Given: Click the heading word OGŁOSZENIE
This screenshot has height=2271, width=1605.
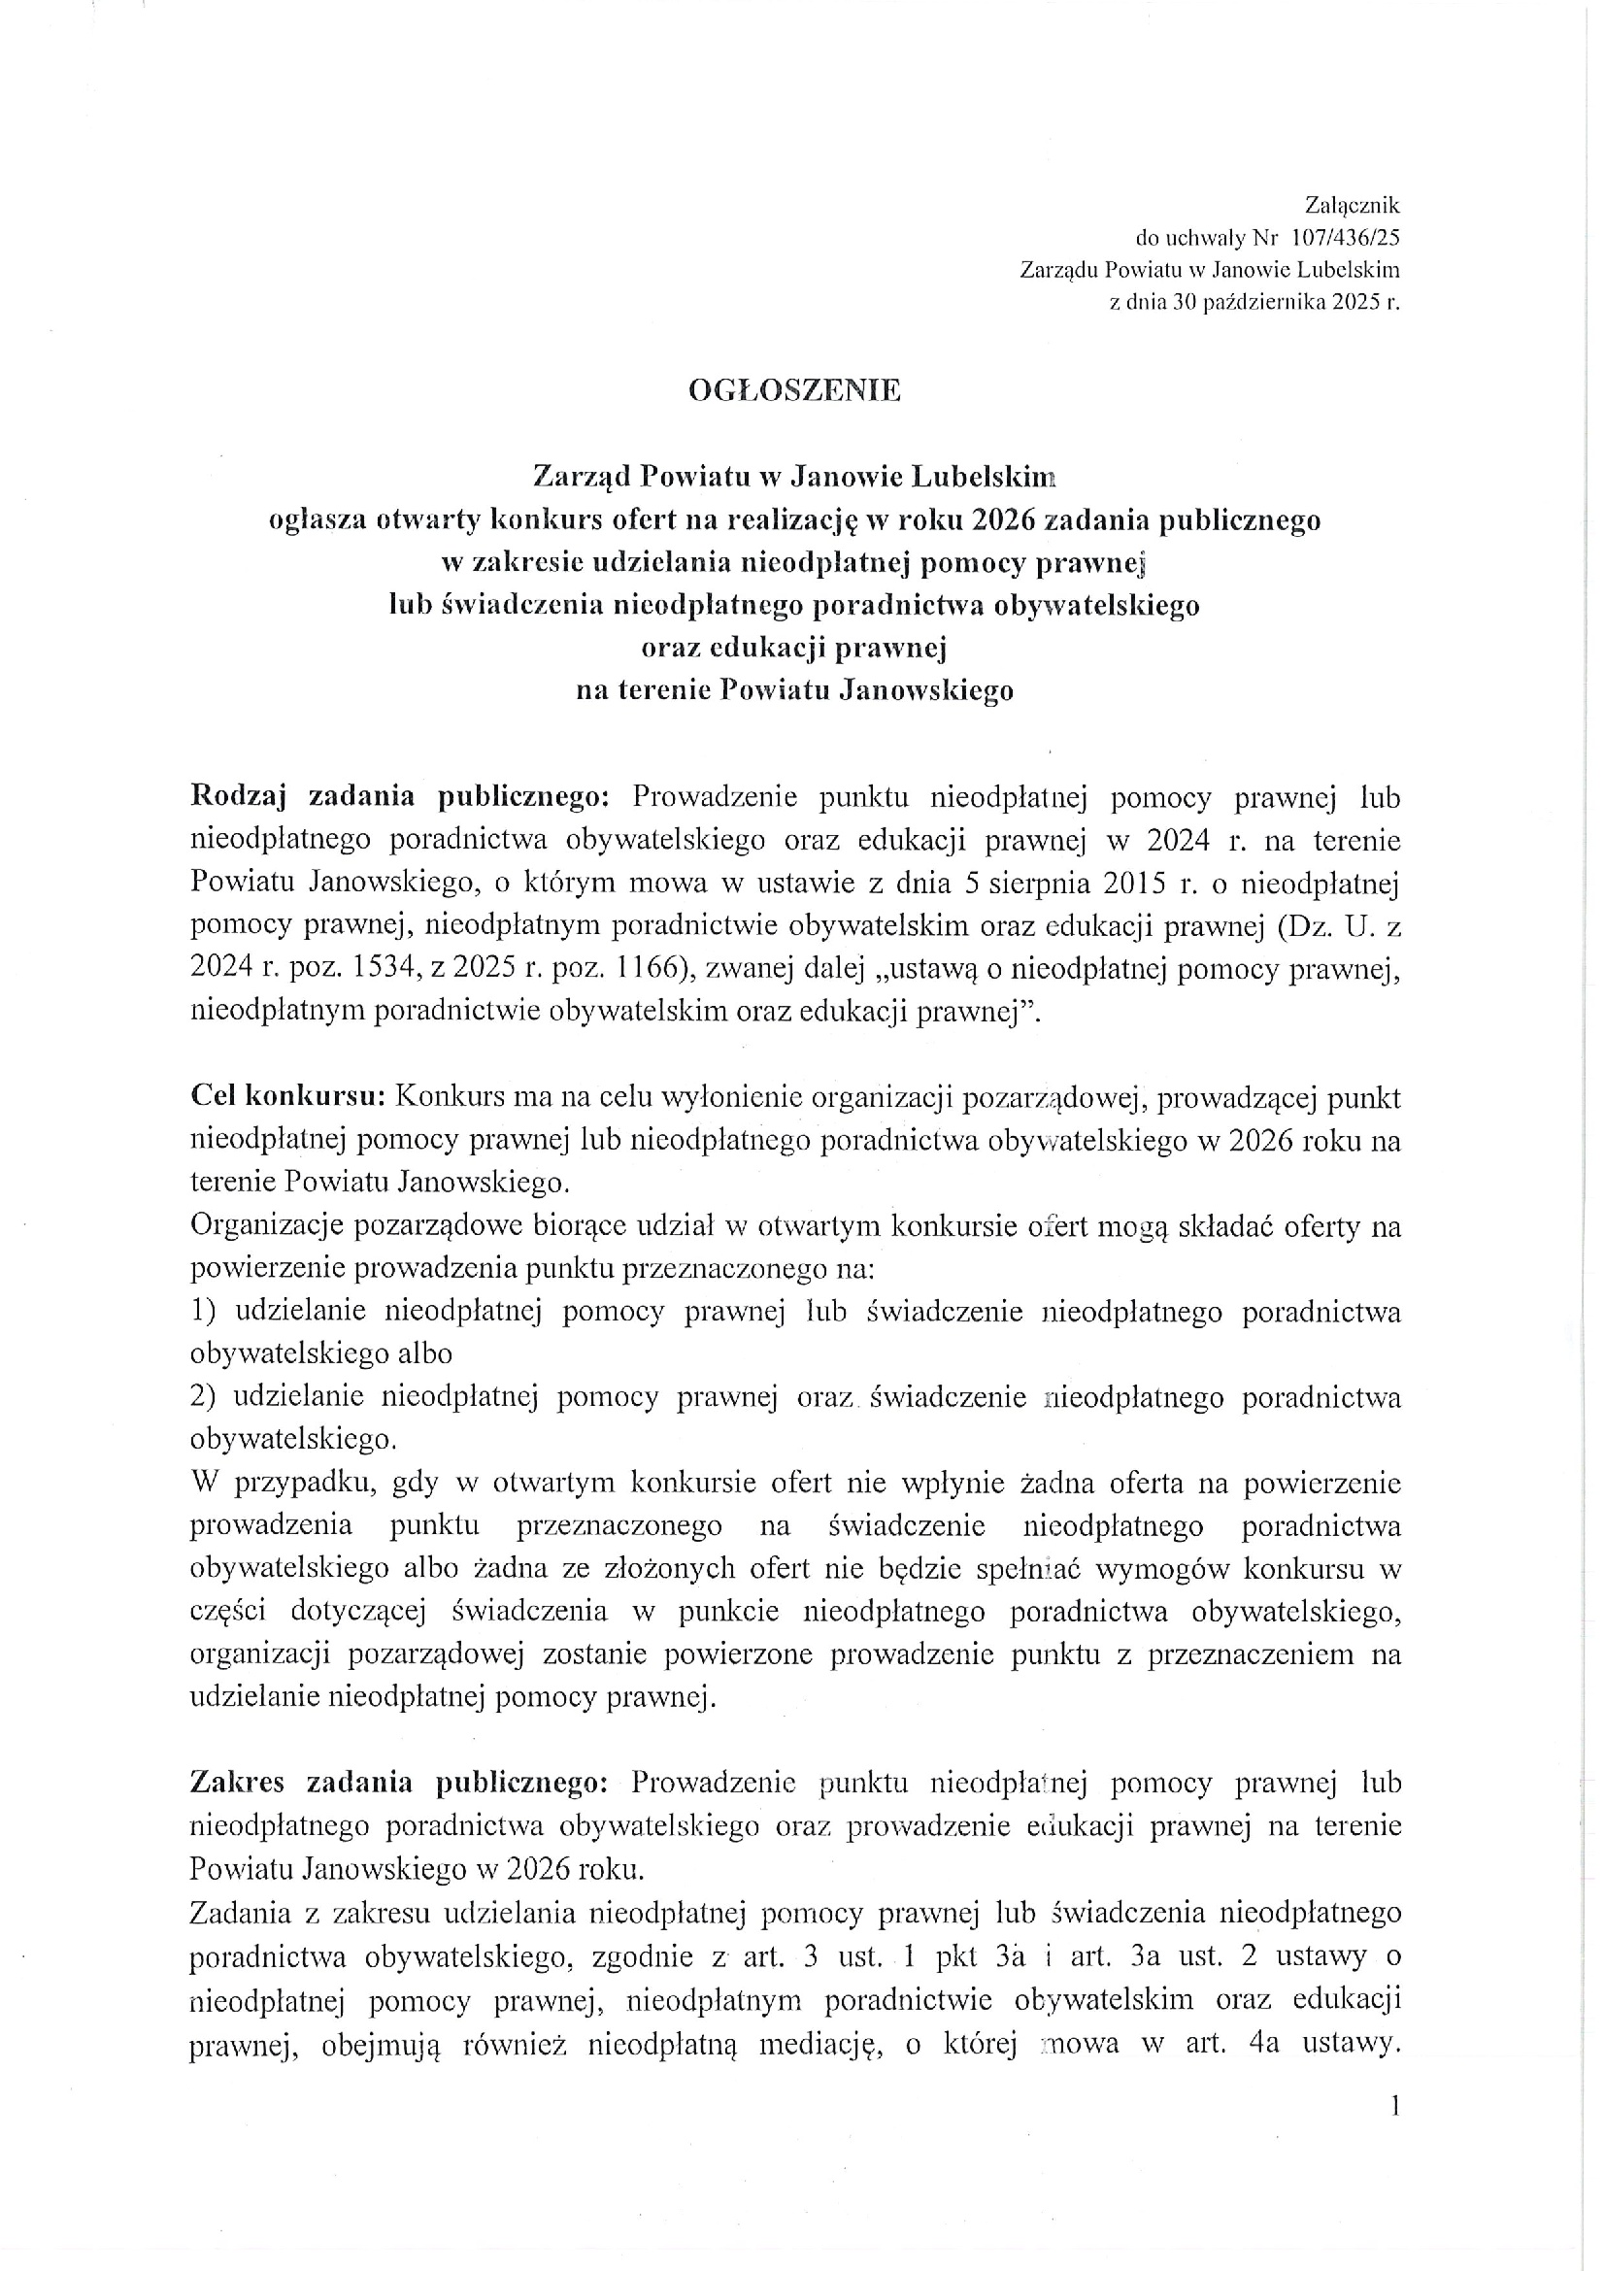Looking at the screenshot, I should click(794, 389).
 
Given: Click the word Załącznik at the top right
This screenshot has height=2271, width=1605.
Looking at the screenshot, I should click(1352, 206).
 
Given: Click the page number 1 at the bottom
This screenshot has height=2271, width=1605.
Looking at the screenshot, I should click(1394, 2107).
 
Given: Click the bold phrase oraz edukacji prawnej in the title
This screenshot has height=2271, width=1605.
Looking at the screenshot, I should click(794, 647).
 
